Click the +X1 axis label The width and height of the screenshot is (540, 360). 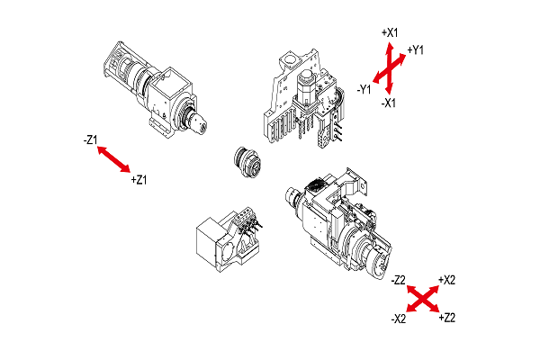pos(390,32)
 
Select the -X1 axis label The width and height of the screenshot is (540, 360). pos(390,103)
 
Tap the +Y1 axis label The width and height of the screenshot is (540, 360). pos(416,49)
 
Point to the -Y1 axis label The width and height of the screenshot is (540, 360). pos(364,88)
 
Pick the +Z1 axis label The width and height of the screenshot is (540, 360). pos(139,180)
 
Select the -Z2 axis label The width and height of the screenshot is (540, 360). pos(400,280)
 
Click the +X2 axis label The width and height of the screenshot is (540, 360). pos(446,280)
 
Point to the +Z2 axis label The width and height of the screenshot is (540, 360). pos(446,319)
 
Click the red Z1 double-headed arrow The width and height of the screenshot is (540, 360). pos(113,159)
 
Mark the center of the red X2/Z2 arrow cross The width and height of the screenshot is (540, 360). pos(423,299)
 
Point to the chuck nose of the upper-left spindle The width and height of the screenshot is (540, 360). pos(199,119)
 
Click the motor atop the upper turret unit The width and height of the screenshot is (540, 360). pos(310,88)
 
